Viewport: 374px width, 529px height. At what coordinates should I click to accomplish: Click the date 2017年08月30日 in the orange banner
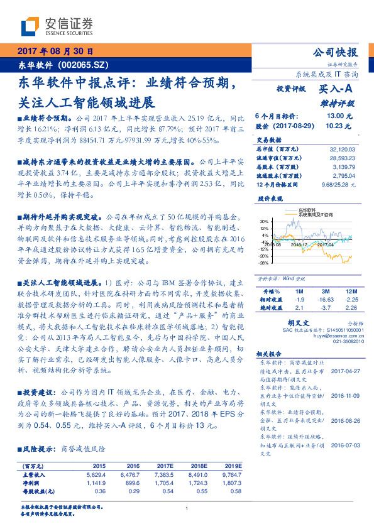click(55, 51)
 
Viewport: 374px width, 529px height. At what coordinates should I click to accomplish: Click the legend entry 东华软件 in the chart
click(307, 209)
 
